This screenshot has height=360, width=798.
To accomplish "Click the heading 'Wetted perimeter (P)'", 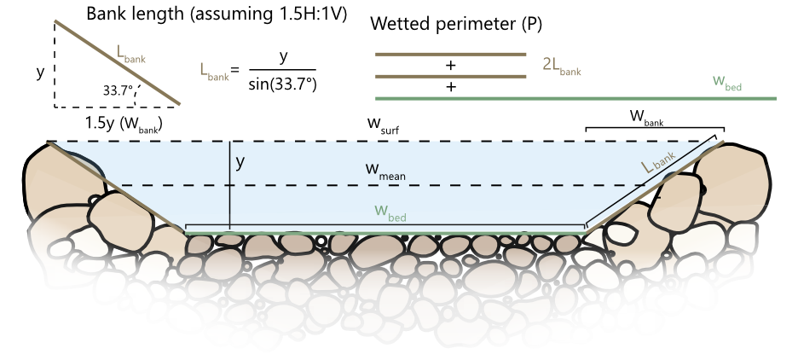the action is click(x=456, y=24).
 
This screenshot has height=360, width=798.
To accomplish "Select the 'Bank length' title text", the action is click(x=135, y=14).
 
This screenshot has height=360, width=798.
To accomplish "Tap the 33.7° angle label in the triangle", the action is click(x=118, y=90).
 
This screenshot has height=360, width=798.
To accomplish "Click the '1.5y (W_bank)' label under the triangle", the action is click(x=123, y=124).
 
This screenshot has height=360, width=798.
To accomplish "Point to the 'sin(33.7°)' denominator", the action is click(x=282, y=84).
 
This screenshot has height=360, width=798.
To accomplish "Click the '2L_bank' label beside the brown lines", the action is click(x=562, y=66).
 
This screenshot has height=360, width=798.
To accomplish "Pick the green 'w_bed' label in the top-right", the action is click(x=726, y=82).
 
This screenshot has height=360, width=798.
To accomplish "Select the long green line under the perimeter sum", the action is click(x=575, y=98).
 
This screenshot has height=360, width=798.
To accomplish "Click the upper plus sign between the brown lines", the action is click(x=450, y=65).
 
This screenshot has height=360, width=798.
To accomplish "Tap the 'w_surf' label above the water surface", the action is click(x=383, y=125).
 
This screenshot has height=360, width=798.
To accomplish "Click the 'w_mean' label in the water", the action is click(x=385, y=171).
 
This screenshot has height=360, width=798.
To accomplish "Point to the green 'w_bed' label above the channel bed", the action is click(x=390, y=212).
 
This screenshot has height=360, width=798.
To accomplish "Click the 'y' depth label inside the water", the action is click(x=240, y=162).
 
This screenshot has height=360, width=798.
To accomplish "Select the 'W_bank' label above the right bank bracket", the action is click(x=647, y=117).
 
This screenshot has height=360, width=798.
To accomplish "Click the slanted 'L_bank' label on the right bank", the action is click(x=659, y=161).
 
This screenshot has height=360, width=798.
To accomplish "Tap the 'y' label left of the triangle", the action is click(x=40, y=73).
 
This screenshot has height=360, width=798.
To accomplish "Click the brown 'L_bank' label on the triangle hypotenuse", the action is click(x=130, y=54).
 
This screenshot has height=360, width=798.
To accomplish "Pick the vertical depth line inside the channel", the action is click(x=230, y=186).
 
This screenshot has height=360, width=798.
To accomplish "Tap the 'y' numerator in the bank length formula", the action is click(x=283, y=56).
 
